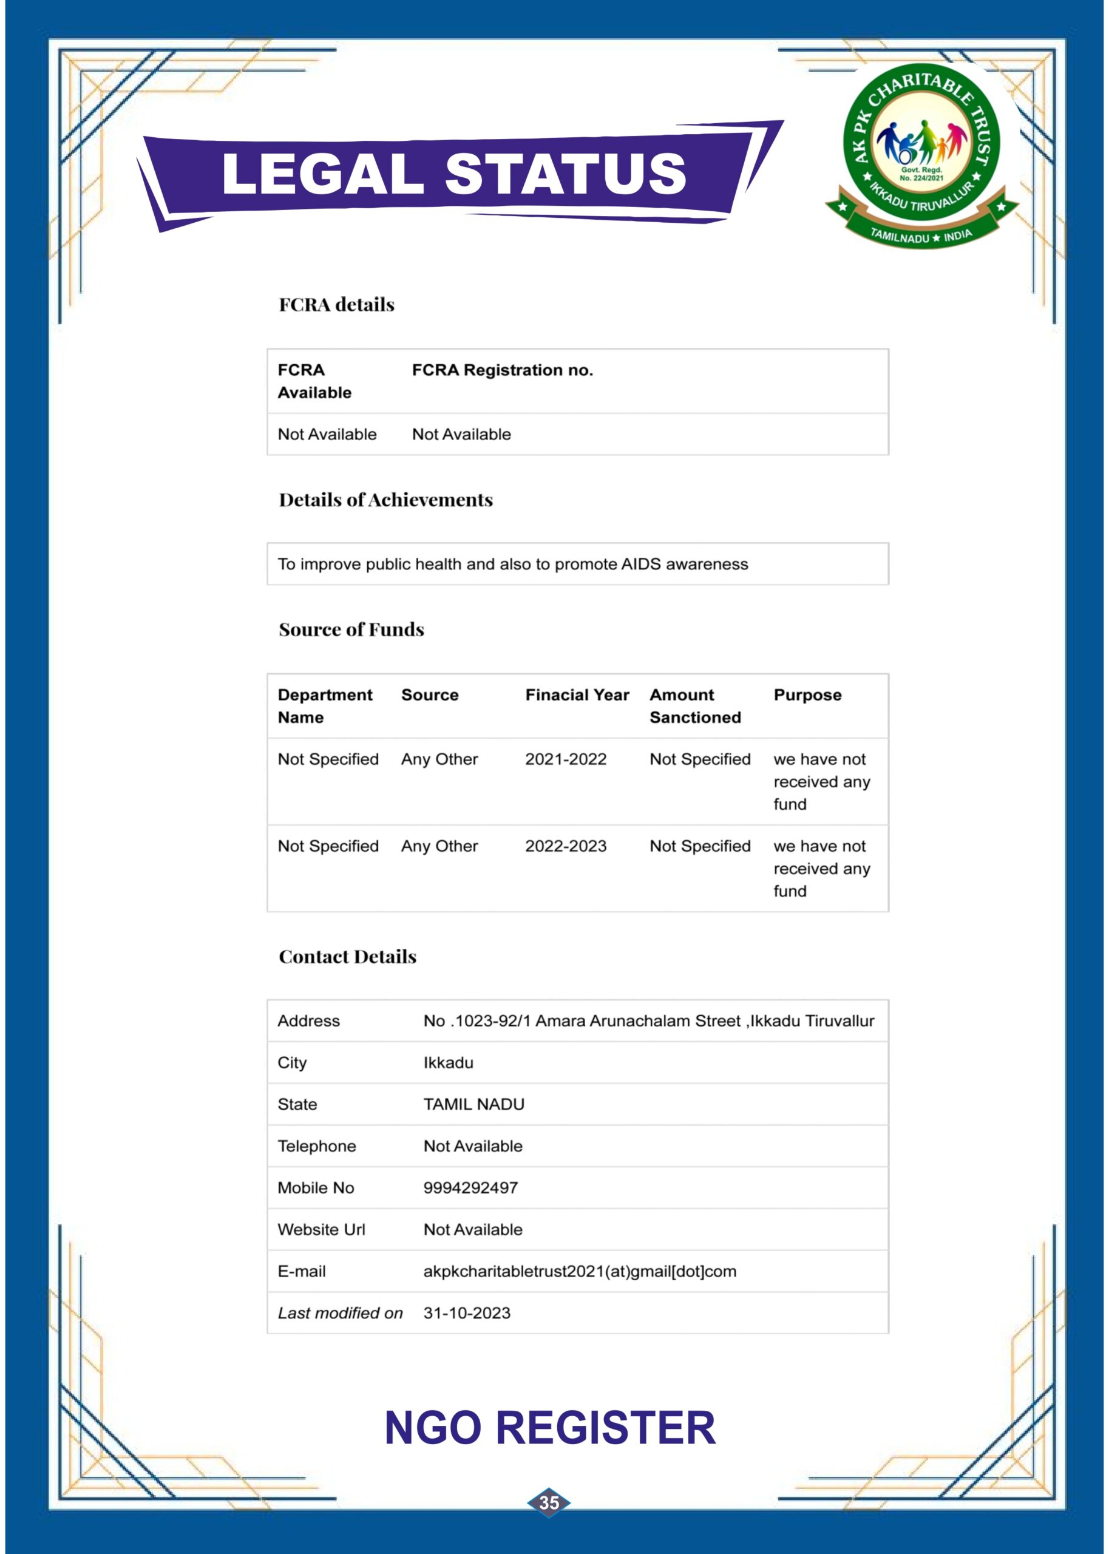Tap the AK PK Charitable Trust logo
click(x=921, y=155)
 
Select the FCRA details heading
click(x=337, y=305)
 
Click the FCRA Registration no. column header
click(x=502, y=370)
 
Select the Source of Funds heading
click(x=351, y=629)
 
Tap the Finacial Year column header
click(x=577, y=695)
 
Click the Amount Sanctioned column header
click(x=694, y=706)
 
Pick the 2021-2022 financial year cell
click(x=566, y=759)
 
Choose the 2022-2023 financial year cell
click(x=566, y=846)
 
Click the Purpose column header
click(x=807, y=695)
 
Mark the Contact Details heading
click(x=347, y=957)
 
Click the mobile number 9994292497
click(x=470, y=1187)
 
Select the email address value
click(x=579, y=1271)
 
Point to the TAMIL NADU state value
click(x=473, y=1104)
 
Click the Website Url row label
click(x=321, y=1230)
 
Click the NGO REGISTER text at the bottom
click(x=550, y=1428)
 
